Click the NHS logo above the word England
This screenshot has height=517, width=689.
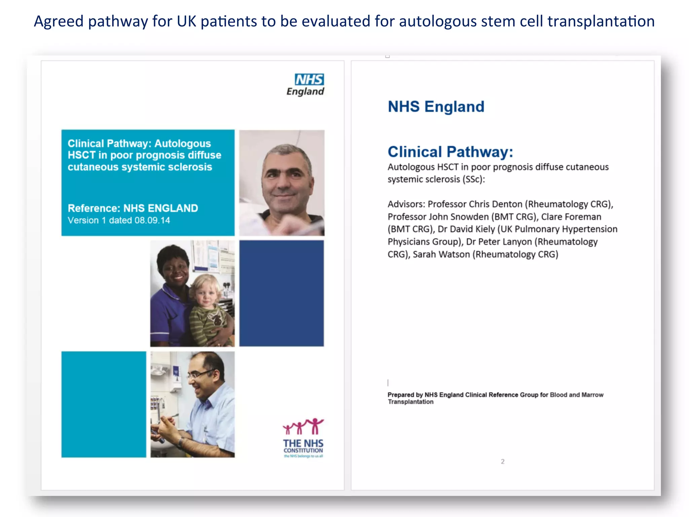pyautogui.click(x=309, y=80)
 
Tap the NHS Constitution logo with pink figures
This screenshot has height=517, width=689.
pyautogui.click(x=303, y=438)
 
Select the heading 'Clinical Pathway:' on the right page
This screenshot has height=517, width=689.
pyautogui.click(x=450, y=152)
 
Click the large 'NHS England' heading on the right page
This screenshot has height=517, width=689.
pyautogui.click(x=436, y=107)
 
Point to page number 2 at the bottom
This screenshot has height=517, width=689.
pyautogui.click(x=503, y=461)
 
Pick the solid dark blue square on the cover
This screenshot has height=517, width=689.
pyautogui.click(x=282, y=293)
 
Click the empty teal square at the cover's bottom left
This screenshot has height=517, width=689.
pyautogui.click(x=104, y=404)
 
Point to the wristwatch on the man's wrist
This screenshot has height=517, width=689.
pyautogui.click(x=181, y=442)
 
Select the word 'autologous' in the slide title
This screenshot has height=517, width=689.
pyautogui.click(x=438, y=21)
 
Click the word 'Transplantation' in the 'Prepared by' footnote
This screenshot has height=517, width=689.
pyautogui.click(x=410, y=402)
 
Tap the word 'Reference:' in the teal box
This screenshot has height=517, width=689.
pyautogui.click(x=94, y=208)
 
